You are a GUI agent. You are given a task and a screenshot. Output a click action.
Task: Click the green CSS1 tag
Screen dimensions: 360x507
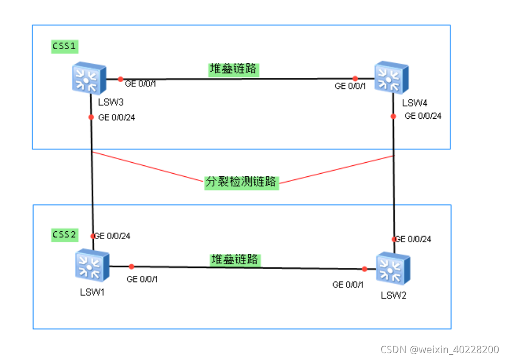point(64,46)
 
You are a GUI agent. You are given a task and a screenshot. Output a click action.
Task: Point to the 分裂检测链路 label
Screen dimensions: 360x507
point(241,182)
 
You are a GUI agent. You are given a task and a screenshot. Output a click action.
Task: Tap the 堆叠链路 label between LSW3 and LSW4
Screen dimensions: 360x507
point(234,69)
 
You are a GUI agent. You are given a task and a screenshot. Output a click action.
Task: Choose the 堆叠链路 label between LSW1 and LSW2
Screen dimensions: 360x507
point(236,259)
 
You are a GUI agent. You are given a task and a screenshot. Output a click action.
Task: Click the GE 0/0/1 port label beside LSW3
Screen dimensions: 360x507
point(140,84)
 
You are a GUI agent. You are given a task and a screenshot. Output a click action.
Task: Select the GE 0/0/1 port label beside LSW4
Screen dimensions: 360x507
point(350,86)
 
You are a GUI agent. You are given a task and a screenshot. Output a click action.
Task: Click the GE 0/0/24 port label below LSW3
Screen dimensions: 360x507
point(116,118)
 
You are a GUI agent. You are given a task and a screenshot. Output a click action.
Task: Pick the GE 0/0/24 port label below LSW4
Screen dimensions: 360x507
point(423,116)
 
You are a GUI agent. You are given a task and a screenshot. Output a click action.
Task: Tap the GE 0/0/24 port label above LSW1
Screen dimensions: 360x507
point(112,236)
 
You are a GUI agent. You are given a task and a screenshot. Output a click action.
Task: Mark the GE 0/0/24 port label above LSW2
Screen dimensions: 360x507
point(413,239)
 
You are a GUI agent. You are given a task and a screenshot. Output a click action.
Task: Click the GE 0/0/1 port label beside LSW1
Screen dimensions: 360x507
point(142,279)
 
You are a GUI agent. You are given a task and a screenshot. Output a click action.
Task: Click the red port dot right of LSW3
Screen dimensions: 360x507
point(120,79)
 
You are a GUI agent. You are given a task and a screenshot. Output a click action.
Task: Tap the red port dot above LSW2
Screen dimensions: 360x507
point(394,239)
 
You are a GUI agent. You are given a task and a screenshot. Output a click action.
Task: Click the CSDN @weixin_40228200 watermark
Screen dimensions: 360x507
point(439,350)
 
